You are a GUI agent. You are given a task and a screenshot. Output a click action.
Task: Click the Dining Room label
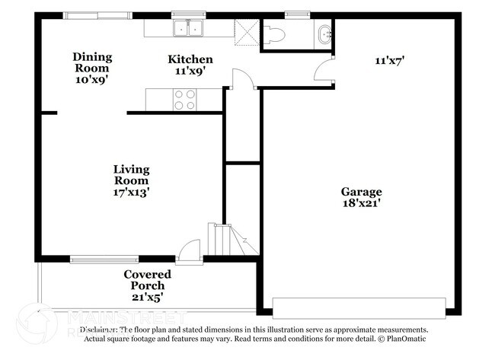coord(92,62)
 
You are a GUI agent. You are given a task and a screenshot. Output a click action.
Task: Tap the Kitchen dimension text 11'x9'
coord(190,71)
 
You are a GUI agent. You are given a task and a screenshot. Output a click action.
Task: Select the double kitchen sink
coord(187,29)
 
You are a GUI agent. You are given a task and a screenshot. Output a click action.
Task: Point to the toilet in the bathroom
coord(274,34)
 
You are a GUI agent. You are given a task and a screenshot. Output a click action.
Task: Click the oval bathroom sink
coord(325,33)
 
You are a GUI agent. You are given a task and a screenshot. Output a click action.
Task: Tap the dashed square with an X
coord(247,32)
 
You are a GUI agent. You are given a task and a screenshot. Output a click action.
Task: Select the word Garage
coord(361,192)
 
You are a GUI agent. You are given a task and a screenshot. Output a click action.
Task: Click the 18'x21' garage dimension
coord(361,203)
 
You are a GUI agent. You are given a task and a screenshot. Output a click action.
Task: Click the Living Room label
coord(131,174)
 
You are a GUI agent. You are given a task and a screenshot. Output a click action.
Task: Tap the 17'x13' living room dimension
coord(131,193)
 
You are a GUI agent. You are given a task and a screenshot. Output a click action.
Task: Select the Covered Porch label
coord(147,279)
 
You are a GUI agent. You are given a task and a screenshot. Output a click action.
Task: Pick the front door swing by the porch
coord(190,250)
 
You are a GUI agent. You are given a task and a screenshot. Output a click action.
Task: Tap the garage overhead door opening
coord(359,308)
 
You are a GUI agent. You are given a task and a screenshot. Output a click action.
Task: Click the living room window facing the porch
coord(104,260)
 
